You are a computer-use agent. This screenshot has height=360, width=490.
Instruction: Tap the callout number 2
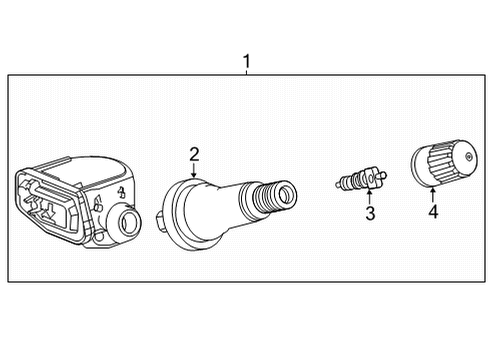click(x=195, y=153)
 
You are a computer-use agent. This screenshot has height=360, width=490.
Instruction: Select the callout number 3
click(x=370, y=212)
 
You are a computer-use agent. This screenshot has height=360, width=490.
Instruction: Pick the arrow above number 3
click(x=369, y=194)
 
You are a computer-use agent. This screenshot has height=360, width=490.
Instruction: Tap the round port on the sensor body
click(x=127, y=219)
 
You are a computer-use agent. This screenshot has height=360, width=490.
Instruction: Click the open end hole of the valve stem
click(x=286, y=192)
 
